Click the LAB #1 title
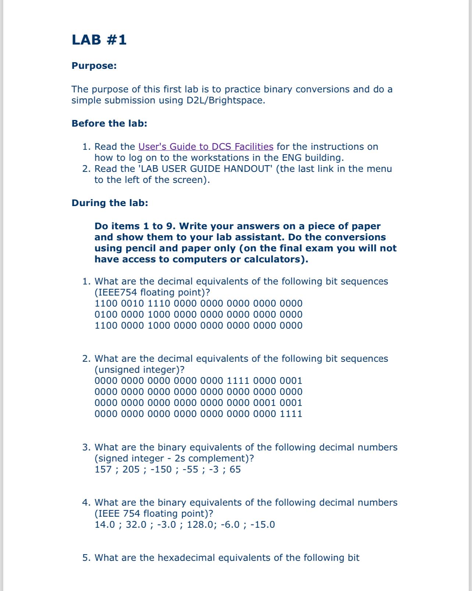[99, 40]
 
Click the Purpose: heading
[94, 66]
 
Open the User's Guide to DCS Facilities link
[205, 146]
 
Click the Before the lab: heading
[109, 123]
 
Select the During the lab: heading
[110, 203]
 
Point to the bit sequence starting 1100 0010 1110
[199, 304]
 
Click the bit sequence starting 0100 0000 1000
[199, 315]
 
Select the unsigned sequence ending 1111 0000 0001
[199, 381]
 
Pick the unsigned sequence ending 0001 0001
[199, 403]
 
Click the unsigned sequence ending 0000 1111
[199, 414]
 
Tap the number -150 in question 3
[161, 470]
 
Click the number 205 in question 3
[131, 470]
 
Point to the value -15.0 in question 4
[262, 525]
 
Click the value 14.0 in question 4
[105, 525]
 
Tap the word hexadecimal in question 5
[186, 558]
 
